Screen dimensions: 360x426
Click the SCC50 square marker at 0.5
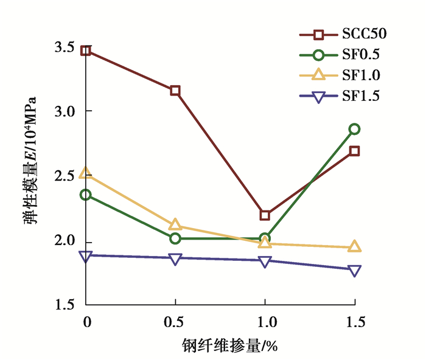coord(175,91)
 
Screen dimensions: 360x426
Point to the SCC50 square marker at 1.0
coord(265,215)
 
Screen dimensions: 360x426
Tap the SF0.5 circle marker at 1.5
coord(354,129)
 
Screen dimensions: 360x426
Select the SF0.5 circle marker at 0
coord(86,195)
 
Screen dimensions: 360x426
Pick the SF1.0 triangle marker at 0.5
coord(175,225)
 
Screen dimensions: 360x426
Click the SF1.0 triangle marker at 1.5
coord(354,247)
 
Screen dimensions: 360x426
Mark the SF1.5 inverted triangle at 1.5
coord(354,271)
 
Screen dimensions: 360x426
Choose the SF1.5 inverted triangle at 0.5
coord(175,259)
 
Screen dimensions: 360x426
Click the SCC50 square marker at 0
coord(86,50)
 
